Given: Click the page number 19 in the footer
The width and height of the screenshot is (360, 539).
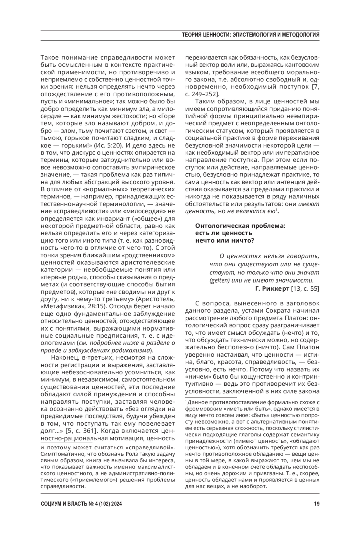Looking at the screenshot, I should (316, 504).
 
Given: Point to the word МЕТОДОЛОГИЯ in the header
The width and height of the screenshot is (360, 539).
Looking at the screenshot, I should (300, 35).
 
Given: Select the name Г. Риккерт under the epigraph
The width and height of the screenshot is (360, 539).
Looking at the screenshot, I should (272, 289).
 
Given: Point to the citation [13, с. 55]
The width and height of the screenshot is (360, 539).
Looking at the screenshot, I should (305, 289).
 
